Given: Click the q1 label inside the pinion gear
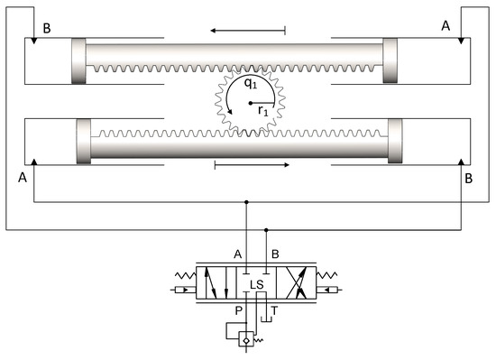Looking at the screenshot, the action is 251,83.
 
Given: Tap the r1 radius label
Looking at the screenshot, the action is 262,111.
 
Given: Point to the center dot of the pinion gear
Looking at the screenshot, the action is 251,103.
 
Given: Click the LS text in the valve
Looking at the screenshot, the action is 256,285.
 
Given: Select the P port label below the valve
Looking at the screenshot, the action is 238,310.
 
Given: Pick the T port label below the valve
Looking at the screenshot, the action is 274,310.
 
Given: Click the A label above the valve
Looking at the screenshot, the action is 238,254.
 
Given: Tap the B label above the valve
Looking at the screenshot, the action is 275,254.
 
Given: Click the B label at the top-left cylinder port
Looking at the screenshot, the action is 47,29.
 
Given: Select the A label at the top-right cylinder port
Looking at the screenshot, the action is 445,25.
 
